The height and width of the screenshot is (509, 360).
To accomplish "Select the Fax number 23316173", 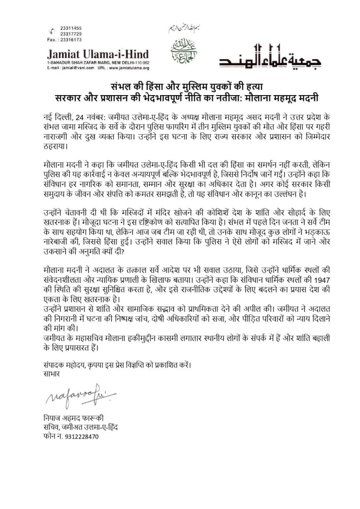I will coord(66,40).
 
